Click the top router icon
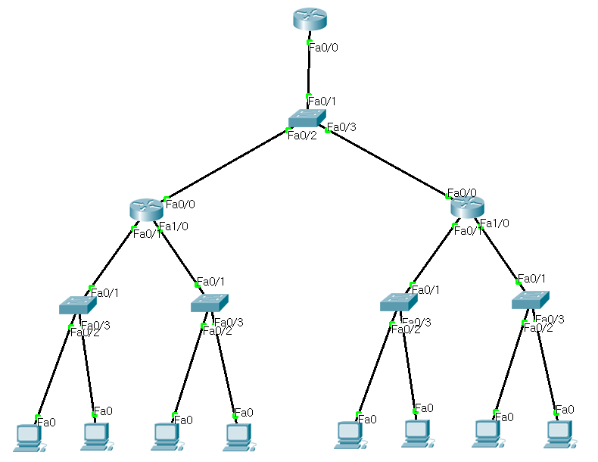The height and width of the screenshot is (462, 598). (x=310, y=20)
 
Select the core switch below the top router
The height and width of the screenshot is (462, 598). (x=307, y=117)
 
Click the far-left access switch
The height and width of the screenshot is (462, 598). (x=77, y=304)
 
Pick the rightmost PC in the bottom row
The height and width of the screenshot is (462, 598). (x=559, y=432)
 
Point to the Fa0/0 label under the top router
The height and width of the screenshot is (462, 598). (x=323, y=47)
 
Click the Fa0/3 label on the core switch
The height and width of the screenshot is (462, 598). (x=341, y=126)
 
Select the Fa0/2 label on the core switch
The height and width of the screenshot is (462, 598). (x=301, y=136)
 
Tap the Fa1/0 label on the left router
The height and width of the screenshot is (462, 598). (x=173, y=226)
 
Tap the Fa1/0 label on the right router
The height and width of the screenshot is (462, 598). (x=494, y=223)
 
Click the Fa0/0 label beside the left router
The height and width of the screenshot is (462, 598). (x=180, y=204)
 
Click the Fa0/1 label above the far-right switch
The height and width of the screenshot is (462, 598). (x=531, y=279)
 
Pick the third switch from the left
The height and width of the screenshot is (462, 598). (x=398, y=301)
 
